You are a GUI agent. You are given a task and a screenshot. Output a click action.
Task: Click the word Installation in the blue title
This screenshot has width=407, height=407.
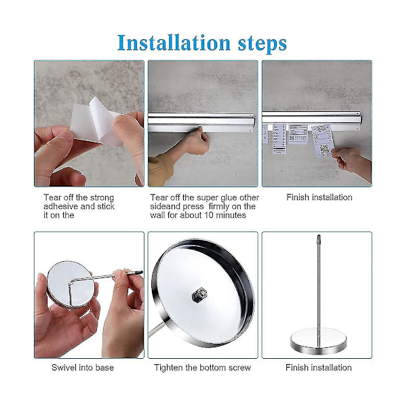(174, 43)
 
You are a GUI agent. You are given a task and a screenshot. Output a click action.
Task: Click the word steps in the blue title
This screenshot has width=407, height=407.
(263, 44)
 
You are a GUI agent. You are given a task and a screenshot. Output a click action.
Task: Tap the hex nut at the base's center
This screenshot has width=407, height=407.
(199, 294)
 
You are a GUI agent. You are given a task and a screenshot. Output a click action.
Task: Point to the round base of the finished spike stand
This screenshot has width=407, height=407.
(319, 341)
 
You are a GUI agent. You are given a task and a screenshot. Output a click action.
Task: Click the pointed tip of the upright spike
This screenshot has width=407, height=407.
(319, 235)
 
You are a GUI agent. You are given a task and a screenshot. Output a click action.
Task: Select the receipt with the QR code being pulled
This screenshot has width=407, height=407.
(322, 141)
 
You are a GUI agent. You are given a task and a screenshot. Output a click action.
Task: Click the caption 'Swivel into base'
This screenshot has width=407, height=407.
(83, 368)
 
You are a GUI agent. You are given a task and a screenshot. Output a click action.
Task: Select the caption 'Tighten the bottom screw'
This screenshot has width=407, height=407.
(202, 368)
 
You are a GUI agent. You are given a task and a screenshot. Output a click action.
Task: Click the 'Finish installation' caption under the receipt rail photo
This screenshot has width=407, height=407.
(319, 197)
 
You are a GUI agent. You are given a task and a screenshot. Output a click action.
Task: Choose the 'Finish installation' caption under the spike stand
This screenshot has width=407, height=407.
(319, 368)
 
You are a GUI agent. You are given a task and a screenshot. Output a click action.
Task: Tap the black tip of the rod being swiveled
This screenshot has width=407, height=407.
(138, 273)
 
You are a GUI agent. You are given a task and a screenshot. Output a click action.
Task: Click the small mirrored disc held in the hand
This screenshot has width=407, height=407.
(70, 284)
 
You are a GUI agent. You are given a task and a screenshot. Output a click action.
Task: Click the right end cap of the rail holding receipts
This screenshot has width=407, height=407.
(359, 121)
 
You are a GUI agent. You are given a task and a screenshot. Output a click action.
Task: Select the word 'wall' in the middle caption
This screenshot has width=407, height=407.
(157, 215)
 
